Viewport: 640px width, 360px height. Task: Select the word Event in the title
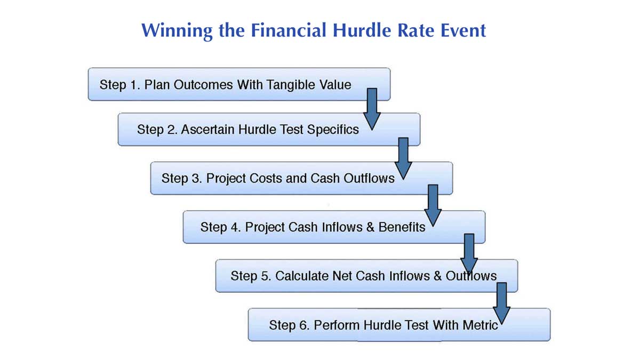[x=461, y=30]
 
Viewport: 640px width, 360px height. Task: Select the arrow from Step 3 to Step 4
[x=433, y=204]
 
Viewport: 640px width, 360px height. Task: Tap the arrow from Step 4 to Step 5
[x=469, y=253]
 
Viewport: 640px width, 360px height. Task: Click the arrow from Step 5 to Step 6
[x=501, y=302]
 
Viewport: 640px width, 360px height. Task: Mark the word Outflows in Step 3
[x=369, y=178]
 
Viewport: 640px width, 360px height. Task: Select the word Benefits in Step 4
[x=402, y=227]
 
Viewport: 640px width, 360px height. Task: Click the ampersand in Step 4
[x=370, y=227]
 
